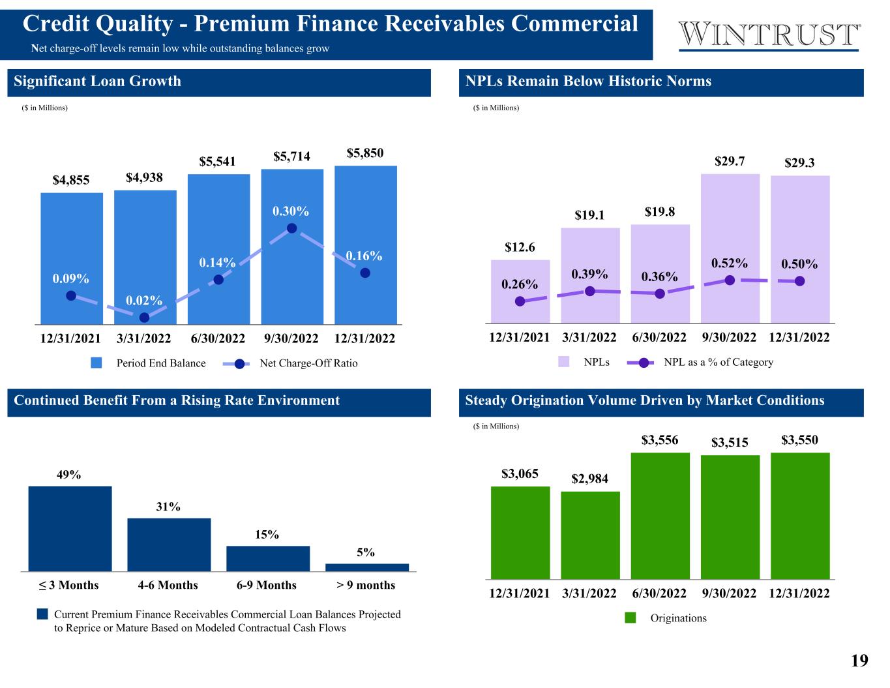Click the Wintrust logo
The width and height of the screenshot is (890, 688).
tap(769, 35)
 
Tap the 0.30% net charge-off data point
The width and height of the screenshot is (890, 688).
tap(291, 228)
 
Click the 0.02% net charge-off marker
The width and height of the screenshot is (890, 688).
tap(144, 318)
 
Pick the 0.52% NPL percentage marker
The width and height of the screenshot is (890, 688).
tap(730, 280)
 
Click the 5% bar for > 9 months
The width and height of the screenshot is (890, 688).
tap(366, 567)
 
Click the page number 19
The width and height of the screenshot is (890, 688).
tap(859, 661)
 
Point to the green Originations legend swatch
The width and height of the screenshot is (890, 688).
tap(630, 618)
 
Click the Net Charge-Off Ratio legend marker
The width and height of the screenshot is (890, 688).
tap(239, 364)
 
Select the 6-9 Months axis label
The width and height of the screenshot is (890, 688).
tap(266, 585)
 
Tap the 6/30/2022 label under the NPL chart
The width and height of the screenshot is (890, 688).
tap(659, 337)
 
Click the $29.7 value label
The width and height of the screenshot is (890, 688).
tap(730, 160)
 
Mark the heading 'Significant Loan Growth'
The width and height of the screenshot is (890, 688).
tap(97, 82)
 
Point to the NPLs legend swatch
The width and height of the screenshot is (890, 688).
tap(564, 362)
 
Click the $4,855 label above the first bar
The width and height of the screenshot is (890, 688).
tap(70, 180)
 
